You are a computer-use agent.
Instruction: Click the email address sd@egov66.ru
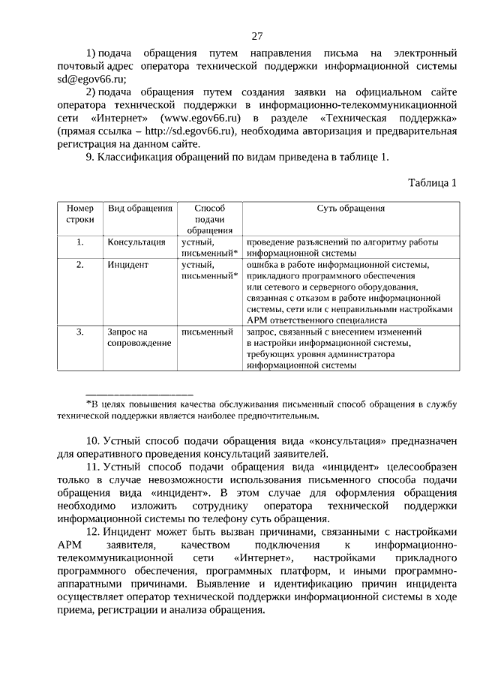coord(91,78)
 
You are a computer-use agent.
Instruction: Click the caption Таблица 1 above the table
coord(432,182)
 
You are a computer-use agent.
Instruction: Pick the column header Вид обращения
coord(140,209)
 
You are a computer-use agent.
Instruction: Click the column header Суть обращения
coord(350,209)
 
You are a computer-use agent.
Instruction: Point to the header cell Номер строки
coord(80,214)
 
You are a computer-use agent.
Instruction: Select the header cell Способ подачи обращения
coord(209,219)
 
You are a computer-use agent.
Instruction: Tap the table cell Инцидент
coord(128,265)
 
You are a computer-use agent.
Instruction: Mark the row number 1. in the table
coord(80,242)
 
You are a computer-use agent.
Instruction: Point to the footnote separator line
coord(139,393)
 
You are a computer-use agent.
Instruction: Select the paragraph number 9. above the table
coord(88,157)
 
